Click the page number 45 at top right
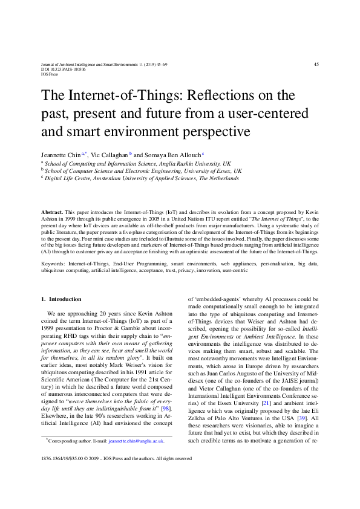316,65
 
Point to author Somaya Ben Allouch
171,155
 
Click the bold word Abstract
51,213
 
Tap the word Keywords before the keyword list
53,264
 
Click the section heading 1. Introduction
61,299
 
